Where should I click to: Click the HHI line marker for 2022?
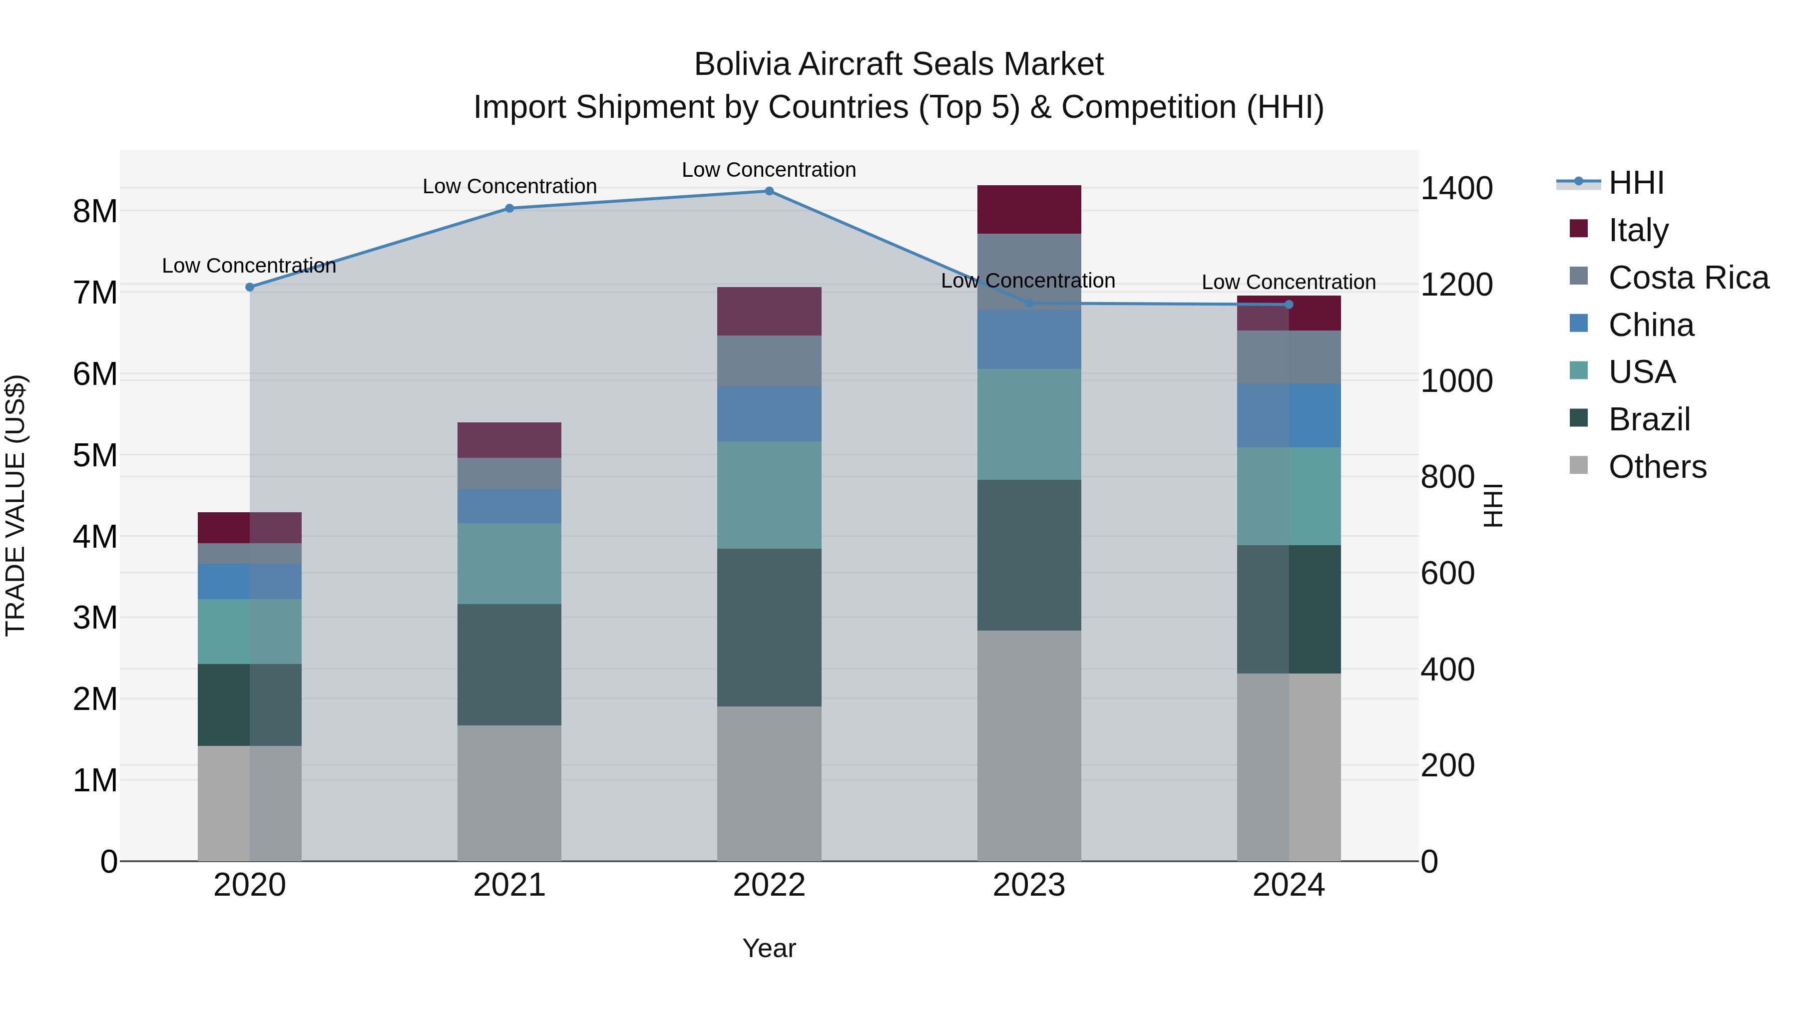point(769,191)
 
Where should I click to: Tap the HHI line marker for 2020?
point(250,287)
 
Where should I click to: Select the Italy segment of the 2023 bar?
point(1029,209)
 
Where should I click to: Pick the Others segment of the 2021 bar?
point(509,793)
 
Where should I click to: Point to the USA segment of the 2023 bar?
point(1029,424)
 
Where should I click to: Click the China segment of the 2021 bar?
point(509,506)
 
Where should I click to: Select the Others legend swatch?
point(1579,465)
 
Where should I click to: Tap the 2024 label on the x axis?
point(1289,885)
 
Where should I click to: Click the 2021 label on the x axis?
point(509,885)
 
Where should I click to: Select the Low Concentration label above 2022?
point(769,170)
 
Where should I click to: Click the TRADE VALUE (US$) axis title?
point(15,505)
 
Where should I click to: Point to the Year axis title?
point(769,948)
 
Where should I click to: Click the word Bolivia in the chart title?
point(742,64)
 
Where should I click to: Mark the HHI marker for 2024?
point(1289,304)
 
